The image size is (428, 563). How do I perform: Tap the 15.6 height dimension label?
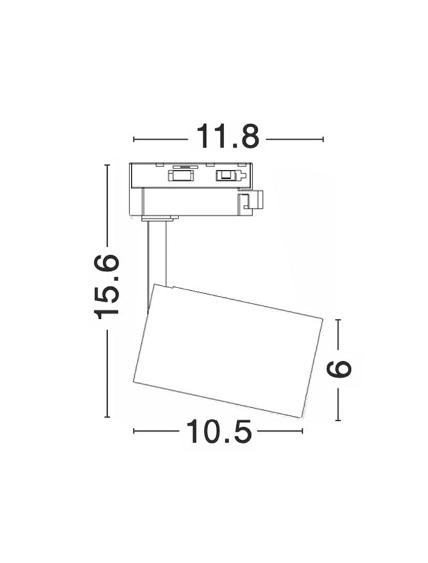107,286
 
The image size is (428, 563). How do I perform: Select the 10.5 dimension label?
218,431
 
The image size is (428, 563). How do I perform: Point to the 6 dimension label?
338,370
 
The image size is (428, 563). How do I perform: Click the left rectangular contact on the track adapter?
180,175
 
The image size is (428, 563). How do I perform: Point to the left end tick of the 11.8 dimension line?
134,139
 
